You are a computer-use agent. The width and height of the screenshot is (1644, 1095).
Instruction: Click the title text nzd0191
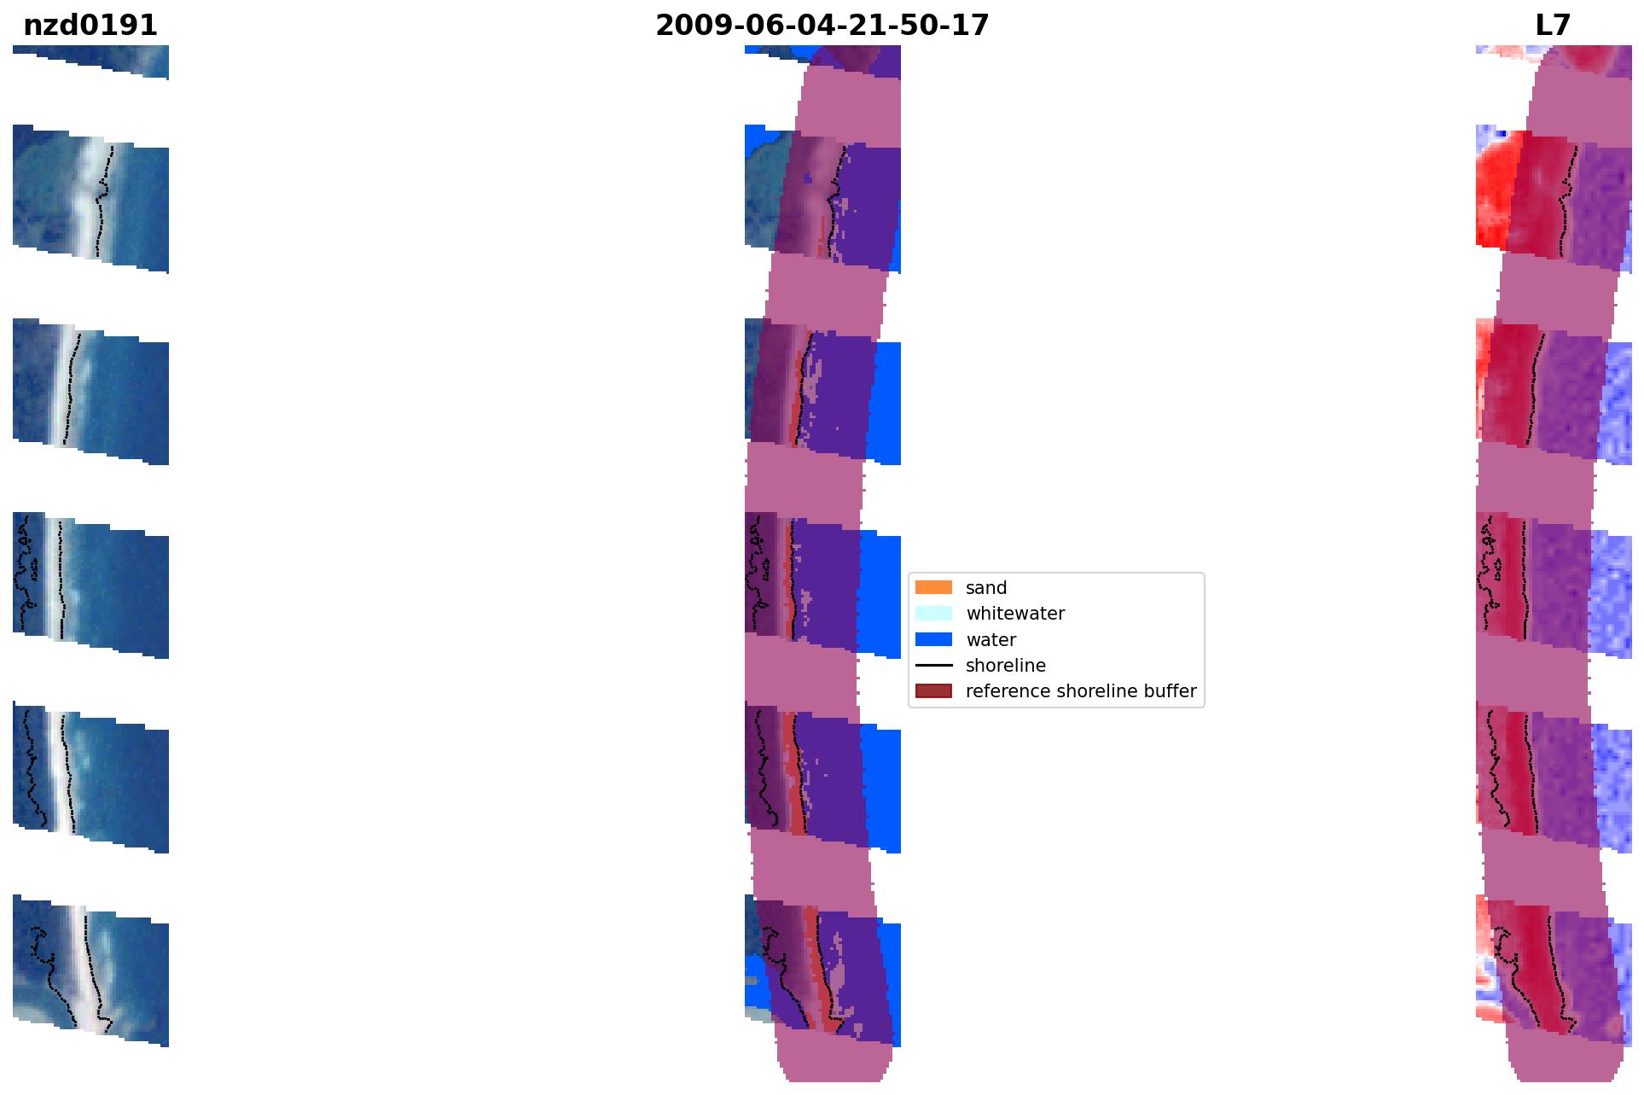pos(90,26)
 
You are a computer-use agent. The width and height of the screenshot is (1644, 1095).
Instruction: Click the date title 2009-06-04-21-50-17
pos(822,26)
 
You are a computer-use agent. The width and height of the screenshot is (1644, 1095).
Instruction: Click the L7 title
pos(1553,26)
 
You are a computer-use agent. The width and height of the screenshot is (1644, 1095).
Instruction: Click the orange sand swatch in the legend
pos(933,587)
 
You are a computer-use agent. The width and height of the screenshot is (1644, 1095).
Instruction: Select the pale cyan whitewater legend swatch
pos(933,613)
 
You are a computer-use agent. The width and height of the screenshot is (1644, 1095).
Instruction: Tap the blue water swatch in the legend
pos(933,639)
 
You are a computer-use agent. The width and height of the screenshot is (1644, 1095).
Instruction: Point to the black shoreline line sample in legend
pos(933,665)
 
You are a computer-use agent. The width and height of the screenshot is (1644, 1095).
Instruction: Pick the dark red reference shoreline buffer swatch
pos(933,690)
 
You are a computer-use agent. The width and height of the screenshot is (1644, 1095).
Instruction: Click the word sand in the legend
pos(986,588)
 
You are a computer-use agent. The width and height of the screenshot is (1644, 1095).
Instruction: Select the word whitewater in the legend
pos(1015,614)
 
